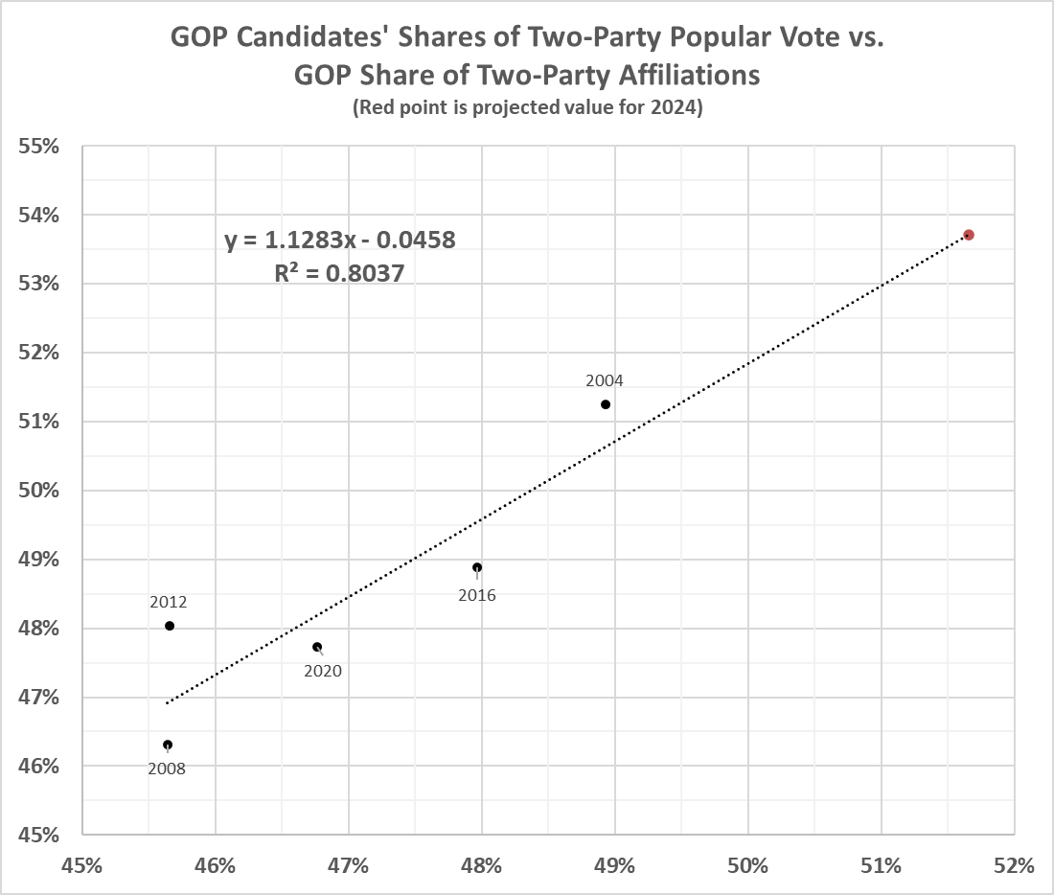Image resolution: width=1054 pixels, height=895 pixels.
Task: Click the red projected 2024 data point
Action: (x=969, y=235)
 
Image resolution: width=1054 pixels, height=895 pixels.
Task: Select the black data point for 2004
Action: (x=606, y=404)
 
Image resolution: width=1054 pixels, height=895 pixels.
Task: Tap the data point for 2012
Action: (x=170, y=626)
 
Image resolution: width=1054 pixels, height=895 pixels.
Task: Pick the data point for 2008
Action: (x=168, y=745)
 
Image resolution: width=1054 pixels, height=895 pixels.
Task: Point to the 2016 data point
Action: (x=477, y=567)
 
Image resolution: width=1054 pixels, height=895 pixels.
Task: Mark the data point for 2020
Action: (x=317, y=647)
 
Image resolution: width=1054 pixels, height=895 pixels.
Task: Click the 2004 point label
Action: (x=605, y=380)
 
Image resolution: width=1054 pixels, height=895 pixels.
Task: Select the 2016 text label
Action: (x=477, y=595)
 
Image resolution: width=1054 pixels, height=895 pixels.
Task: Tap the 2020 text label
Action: (x=323, y=671)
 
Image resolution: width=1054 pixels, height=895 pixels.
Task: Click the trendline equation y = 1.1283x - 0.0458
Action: (x=340, y=240)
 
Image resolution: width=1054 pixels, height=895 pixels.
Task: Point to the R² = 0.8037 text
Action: (x=340, y=273)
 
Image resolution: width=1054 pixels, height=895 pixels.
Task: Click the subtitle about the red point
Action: (x=527, y=108)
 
